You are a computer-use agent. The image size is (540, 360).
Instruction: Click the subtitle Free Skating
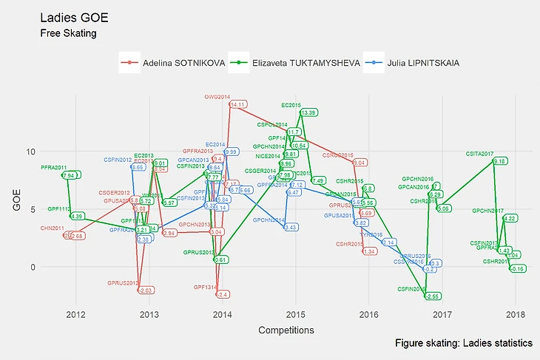[68, 33]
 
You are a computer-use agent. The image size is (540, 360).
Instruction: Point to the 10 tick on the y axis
[31, 152]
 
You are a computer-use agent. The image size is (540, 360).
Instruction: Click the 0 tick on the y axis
[33, 267]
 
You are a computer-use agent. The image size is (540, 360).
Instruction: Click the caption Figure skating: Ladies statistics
[463, 344]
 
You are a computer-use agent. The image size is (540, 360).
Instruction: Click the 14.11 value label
[237, 105]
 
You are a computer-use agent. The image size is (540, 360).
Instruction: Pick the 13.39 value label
[308, 112]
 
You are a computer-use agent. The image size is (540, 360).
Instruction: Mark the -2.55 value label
[432, 296]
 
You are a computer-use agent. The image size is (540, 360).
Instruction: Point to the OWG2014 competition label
[217, 97]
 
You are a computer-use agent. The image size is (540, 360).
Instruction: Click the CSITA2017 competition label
[479, 154]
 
